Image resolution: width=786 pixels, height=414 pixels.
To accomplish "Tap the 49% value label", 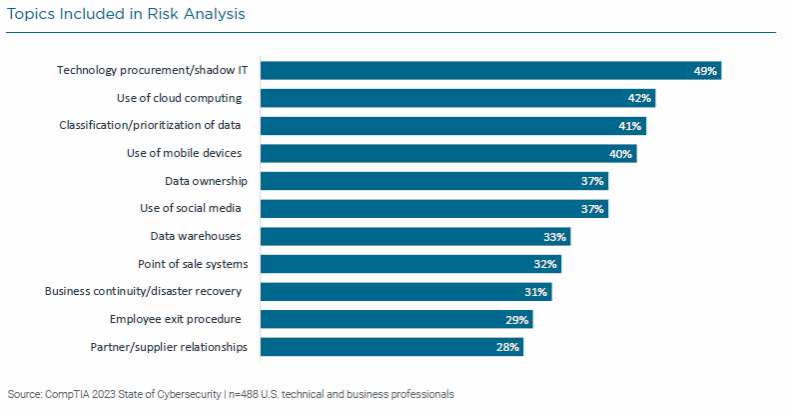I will point(707,71).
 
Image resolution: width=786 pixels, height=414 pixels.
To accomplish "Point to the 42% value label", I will point(640,98).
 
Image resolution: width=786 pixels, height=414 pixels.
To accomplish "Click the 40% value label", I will point(621,154).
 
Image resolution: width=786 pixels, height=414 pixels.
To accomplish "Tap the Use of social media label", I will point(191,208).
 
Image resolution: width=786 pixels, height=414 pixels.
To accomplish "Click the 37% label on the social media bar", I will point(593,209).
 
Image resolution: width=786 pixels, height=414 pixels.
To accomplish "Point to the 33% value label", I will point(555,237).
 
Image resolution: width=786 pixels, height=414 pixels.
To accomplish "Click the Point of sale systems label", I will point(193,264).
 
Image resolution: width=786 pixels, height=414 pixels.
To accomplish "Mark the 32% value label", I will point(546,264).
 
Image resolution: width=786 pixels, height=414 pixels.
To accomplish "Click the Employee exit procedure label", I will point(178,319).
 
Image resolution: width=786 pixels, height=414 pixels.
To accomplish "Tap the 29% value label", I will point(518,320).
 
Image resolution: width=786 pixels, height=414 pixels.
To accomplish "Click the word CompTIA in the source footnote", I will point(67,394).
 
